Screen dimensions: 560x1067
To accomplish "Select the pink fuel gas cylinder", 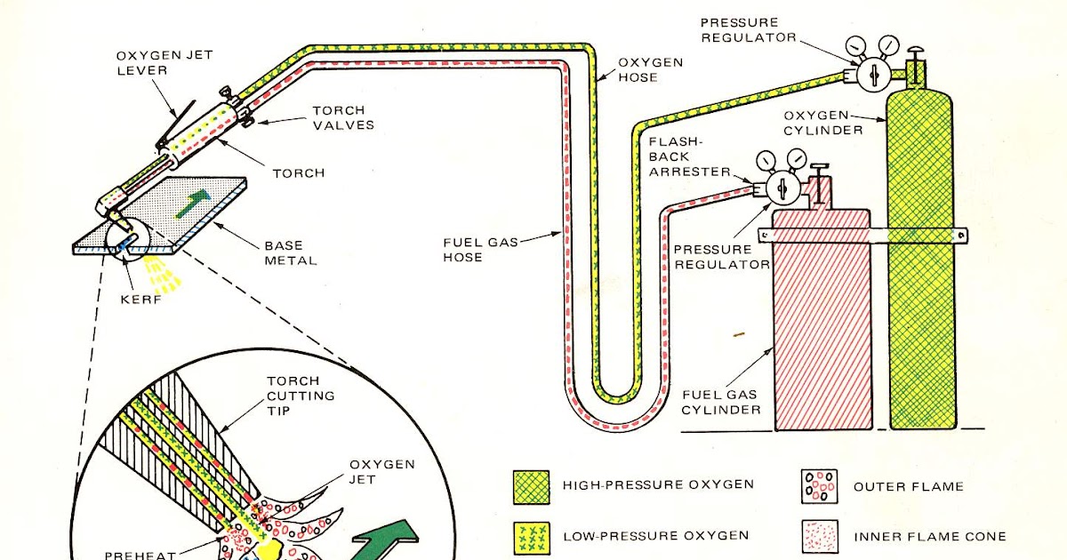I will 820,320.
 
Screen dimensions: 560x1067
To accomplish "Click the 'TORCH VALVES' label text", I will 342,117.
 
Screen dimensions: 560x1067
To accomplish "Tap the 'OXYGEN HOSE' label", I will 638,69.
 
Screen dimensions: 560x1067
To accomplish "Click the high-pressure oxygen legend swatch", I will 530,485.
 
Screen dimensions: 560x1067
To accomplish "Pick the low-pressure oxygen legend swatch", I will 530,535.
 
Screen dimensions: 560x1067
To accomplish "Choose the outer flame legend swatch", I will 821,486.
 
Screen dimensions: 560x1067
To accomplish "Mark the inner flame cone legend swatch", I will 821,535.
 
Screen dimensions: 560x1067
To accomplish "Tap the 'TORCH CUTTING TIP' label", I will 301,395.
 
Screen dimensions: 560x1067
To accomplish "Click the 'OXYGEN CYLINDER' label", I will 823,123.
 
